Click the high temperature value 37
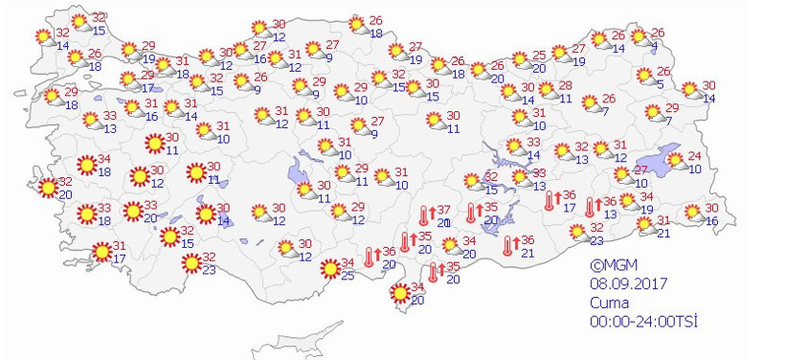pos(443,210)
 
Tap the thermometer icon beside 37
pos(422,216)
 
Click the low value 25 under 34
pos(348,277)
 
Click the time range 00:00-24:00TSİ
pos(643,319)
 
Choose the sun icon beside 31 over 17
pos(101,252)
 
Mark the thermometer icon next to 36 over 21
pos(508,246)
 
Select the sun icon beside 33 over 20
pos(131,211)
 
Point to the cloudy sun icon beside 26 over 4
pos(638,39)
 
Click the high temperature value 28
pos(566,86)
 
